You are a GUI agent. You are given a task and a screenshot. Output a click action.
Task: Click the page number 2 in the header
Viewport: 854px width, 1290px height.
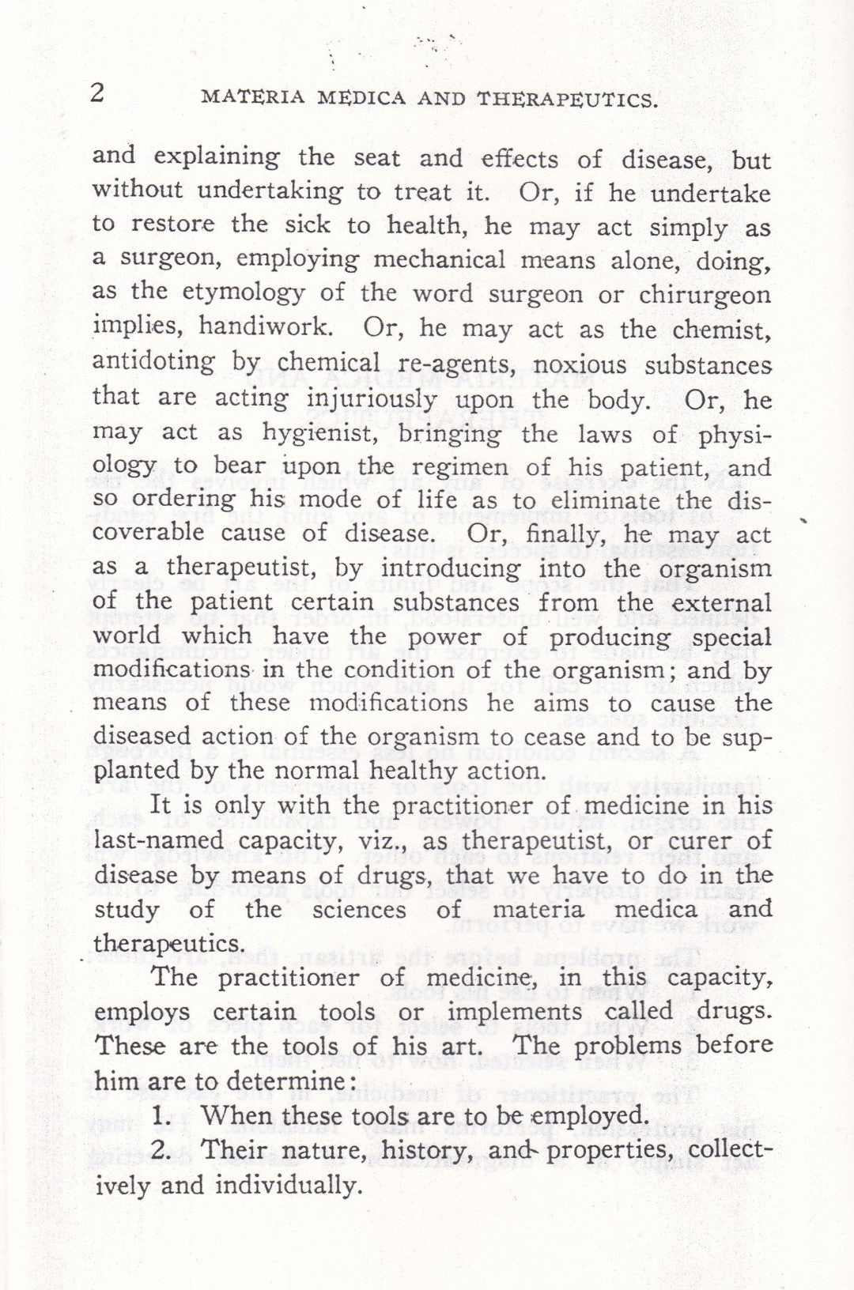point(97,93)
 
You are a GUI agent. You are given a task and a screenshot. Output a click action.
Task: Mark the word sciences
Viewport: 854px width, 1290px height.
point(359,909)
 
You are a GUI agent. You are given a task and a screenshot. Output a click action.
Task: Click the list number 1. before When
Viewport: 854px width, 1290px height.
point(161,1115)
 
